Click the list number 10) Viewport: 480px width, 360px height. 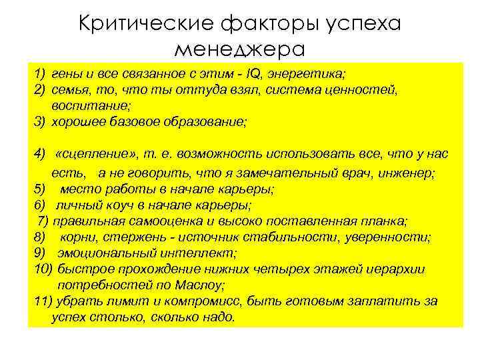pyautogui.click(x=43, y=269)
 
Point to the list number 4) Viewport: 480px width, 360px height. pyautogui.click(x=39, y=154)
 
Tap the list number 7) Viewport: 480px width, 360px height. pyautogui.click(x=43, y=221)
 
